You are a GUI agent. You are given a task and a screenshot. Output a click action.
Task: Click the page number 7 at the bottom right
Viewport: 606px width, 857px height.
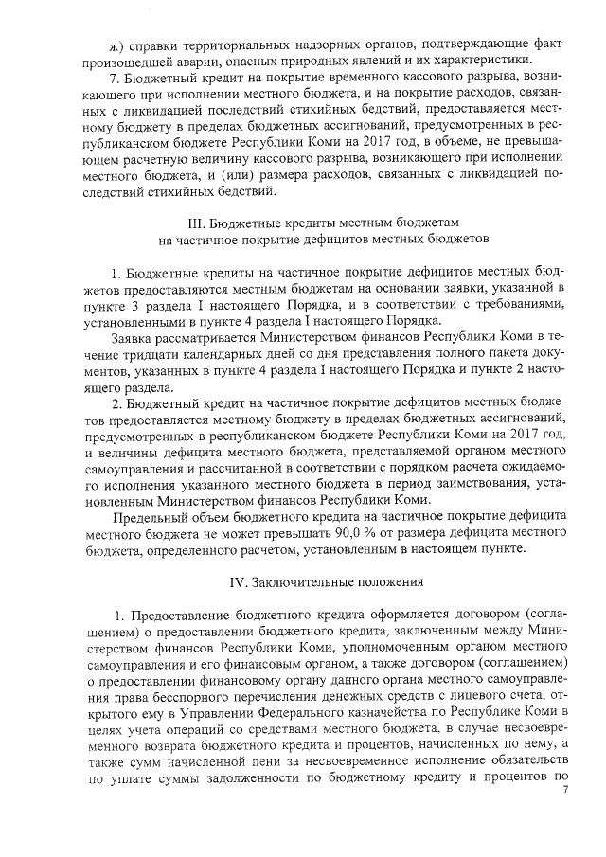(564, 788)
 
